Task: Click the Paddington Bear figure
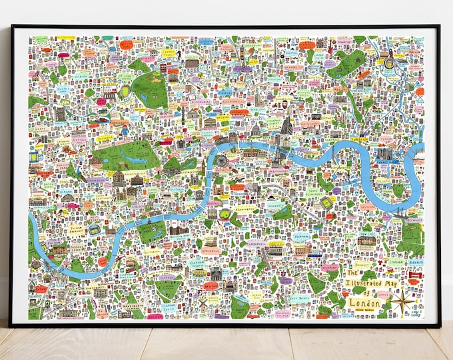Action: click(x=124, y=131)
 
